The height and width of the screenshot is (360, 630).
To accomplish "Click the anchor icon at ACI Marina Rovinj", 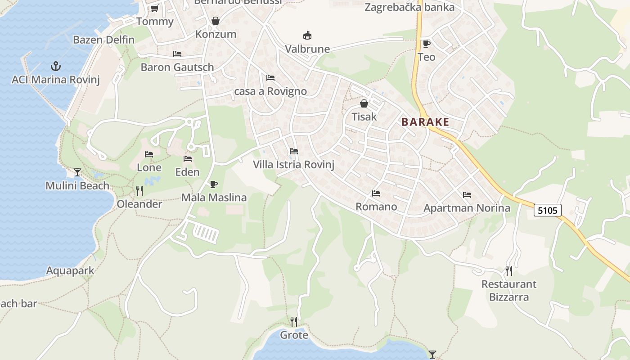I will (55, 66).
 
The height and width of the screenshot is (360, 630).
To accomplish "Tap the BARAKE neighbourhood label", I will (425, 122).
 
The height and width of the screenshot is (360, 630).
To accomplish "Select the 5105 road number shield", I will (548, 210).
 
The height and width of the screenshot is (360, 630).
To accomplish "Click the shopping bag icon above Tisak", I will (364, 103).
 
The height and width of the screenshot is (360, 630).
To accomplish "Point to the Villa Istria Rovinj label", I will (293, 165).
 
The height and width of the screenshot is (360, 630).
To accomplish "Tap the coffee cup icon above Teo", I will (426, 44).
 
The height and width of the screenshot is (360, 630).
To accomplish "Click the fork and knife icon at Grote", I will (294, 321).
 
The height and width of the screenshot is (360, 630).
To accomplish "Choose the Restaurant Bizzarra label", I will (509, 291).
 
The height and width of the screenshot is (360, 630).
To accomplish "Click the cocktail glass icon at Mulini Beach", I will (77, 172).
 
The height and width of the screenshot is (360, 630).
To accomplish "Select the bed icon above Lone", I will (149, 154).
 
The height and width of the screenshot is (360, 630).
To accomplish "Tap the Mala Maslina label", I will (214, 198).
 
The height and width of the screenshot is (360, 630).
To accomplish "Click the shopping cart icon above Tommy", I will (154, 8).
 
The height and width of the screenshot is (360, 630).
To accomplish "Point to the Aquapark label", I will (70, 270).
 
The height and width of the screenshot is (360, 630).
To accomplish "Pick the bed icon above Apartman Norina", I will (467, 195).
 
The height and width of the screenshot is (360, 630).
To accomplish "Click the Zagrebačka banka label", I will (409, 7).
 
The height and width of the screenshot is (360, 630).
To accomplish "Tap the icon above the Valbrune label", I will (307, 35).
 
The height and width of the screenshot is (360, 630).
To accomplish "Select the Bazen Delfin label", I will (103, 40).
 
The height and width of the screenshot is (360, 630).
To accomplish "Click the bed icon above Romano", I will (376, 193).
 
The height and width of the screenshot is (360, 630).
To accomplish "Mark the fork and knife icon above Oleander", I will (139, 191).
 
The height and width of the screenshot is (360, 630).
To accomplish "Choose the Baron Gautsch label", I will (177, 67).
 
